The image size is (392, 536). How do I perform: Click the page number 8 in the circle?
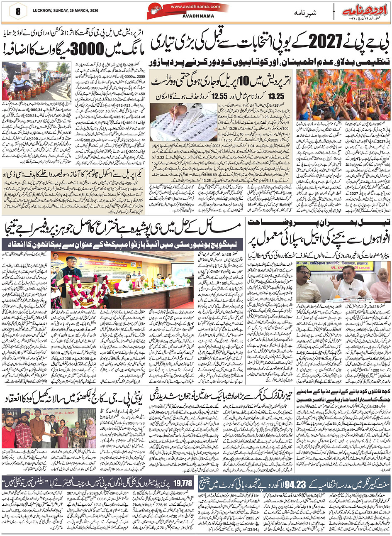[x=17, y=11]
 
